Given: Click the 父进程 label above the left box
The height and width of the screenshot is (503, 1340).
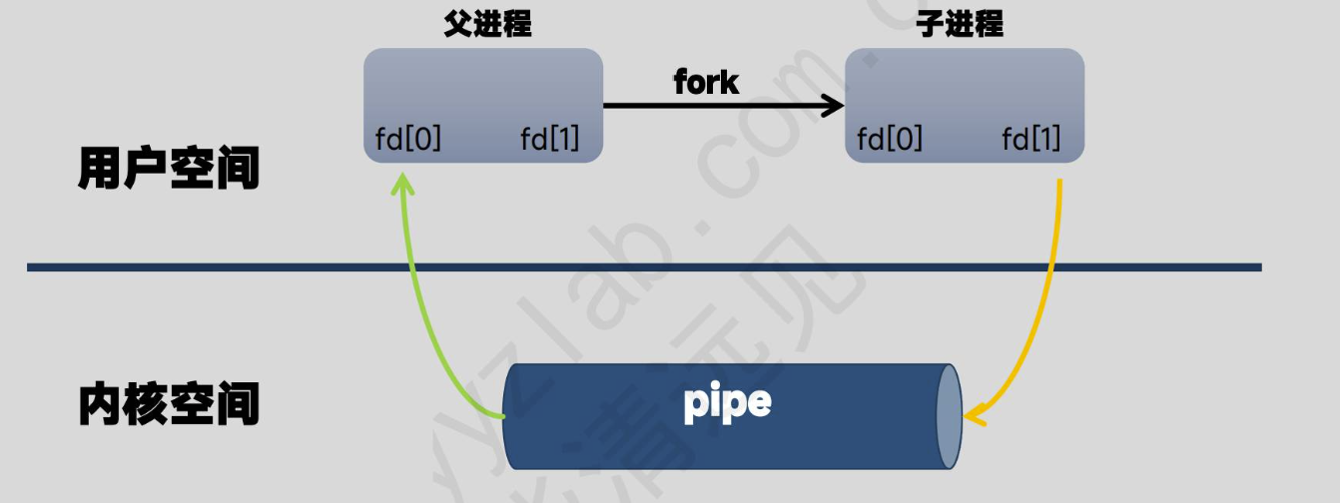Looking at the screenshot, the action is (487, 25).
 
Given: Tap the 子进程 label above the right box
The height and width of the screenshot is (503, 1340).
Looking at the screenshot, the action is (960, 25).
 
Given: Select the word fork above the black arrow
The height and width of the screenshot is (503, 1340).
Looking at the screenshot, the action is (707, 82).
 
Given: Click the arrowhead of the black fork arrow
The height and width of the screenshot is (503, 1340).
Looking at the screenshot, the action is (834, 104).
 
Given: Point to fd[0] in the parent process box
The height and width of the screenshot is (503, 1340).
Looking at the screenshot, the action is (408, 140).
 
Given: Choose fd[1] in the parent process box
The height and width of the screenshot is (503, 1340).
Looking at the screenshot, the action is (549, 140).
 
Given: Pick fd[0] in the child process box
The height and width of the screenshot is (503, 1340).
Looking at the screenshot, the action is (890, 140).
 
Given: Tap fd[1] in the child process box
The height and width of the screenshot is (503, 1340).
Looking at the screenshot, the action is (1031, 140).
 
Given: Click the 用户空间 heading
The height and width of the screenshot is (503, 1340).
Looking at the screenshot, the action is (169, 170).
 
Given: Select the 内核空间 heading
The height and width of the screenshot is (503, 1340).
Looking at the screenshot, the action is (169, 405).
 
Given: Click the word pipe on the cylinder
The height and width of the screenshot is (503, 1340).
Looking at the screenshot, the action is (728, 402).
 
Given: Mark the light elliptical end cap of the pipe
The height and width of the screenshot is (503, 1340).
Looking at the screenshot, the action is (948, 415).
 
